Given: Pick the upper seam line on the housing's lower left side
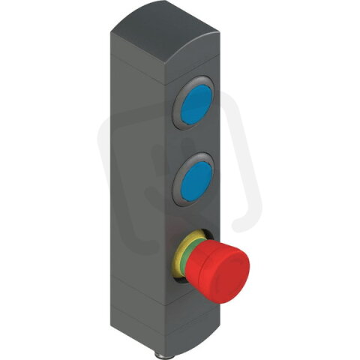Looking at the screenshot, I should coord(135,295).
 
